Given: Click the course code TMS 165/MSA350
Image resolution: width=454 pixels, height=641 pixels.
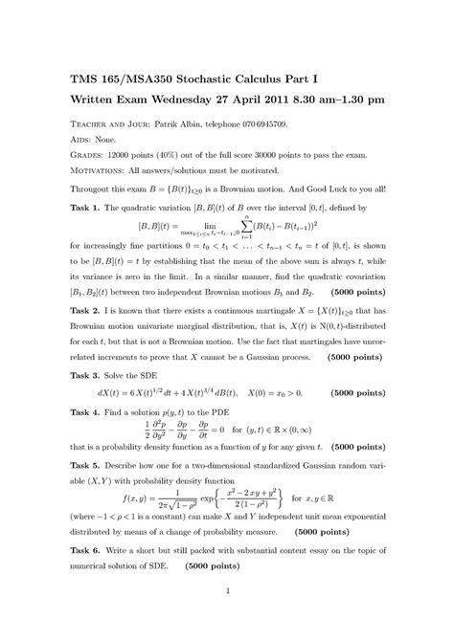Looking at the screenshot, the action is (135, 77).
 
